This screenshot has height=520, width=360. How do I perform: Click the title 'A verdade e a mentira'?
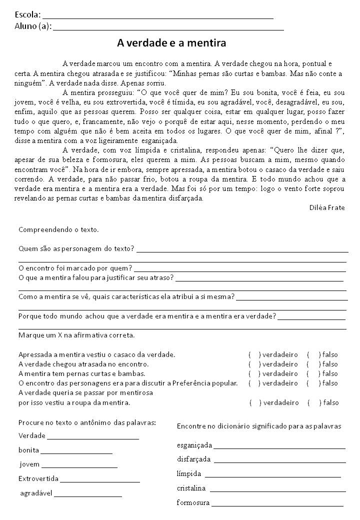pyautogui.click(x=171, y=43)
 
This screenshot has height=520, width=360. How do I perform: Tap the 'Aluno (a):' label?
pyautogui.click(x=32, y=25)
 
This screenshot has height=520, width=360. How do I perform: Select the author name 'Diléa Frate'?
pyautogui.click(x=327, y=207)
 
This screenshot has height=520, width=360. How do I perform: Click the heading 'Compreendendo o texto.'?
pyautogui.click(x=58, y=230)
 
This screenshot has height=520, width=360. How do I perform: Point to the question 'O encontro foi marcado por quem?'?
pyautogui.click(x=75, y=268)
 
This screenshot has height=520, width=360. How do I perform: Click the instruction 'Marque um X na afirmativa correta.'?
pyautogui.click(x=76, y=335)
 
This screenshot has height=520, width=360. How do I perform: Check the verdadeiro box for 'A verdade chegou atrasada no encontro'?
pyautogui.click(x=254, y=364)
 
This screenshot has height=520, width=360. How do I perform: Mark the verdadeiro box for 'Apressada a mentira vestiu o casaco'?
pyautogui.click(x=254, y=354)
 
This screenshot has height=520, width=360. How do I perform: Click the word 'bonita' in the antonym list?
pyautogui.click(x=29, y=450)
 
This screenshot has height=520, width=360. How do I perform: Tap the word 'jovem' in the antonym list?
pyautogui.click(x=29, y=464)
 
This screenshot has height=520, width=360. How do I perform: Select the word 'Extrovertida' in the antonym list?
pyautogui.click(x=38, y=478)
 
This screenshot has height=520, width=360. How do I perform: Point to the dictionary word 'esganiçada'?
pyautogui.click(x=194, y=444)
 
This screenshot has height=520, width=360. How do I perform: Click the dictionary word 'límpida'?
pyautogui.click(x=189, y=473)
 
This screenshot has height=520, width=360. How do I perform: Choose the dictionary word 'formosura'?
pyautogui.click(x=193, y=502)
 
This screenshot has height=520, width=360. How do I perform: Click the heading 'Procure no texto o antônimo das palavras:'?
pyautogui.click(x=87, y=422)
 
